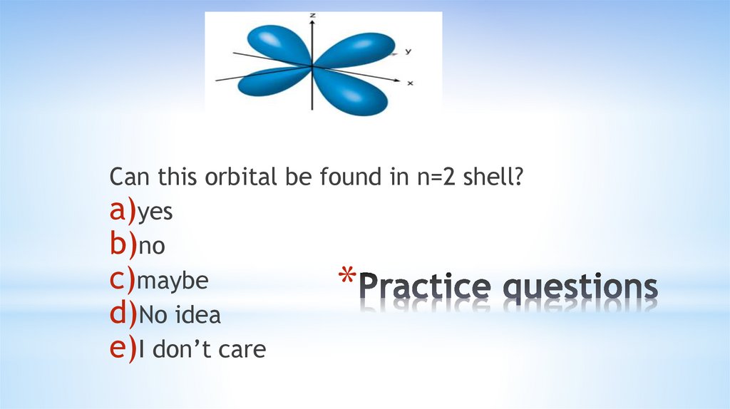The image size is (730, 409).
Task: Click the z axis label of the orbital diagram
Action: point(313,15)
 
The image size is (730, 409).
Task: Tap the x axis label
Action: point(410,83)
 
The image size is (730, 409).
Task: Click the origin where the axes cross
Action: point(312,66)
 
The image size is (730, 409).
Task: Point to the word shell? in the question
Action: point(491,177)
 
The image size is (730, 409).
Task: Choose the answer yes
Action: point(155,213)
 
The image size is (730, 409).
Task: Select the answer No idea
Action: point(180,316)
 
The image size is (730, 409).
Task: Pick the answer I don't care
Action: point(201,350)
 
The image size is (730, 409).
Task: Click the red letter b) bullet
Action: point(123,246)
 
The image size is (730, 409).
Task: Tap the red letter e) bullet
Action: point(123,349)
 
